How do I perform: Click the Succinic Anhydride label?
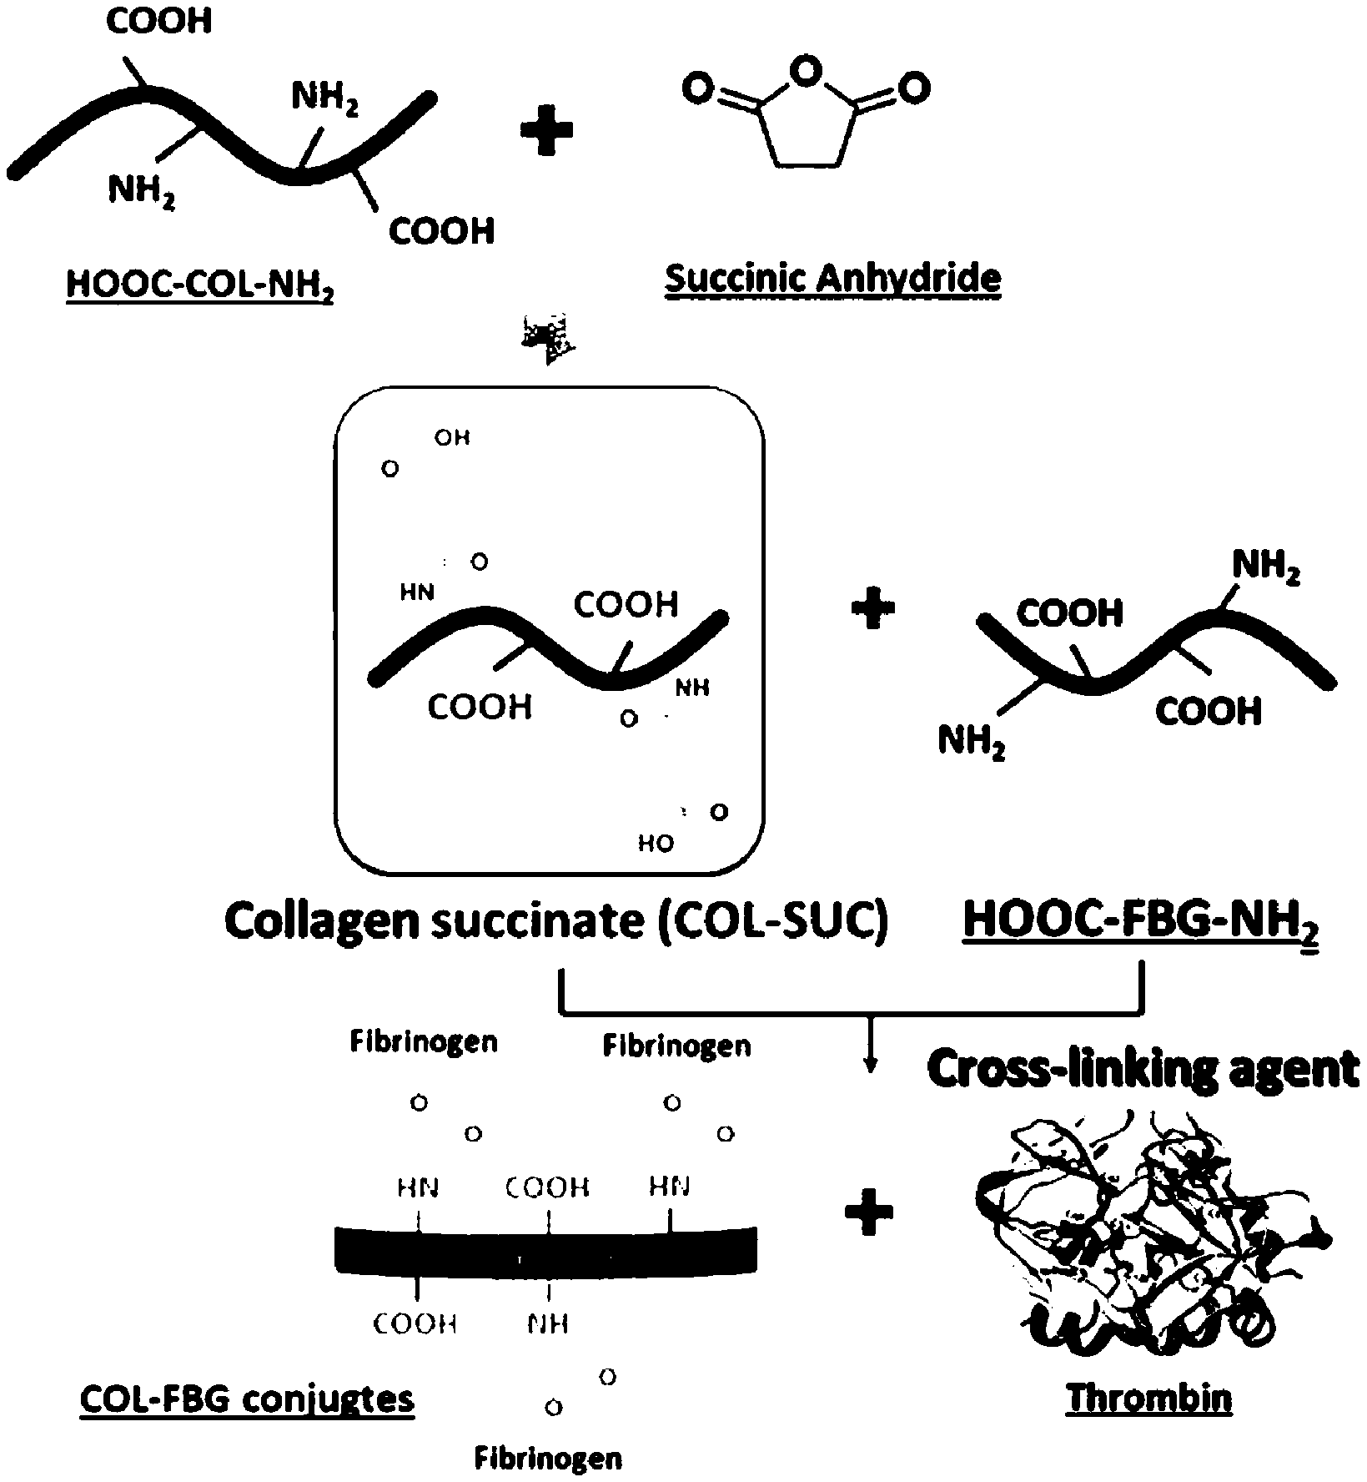click(x=832, y=278)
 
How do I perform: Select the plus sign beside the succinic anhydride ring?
click(x=546, y=134)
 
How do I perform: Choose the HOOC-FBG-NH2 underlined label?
click(x=1141, y=921)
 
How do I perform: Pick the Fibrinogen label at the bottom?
click(x=548, y=1459)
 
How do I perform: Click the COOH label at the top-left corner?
click(x=159, y=22)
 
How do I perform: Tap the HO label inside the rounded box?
click(x=656, y=844)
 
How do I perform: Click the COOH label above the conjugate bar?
click(x=548, y=1187)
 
